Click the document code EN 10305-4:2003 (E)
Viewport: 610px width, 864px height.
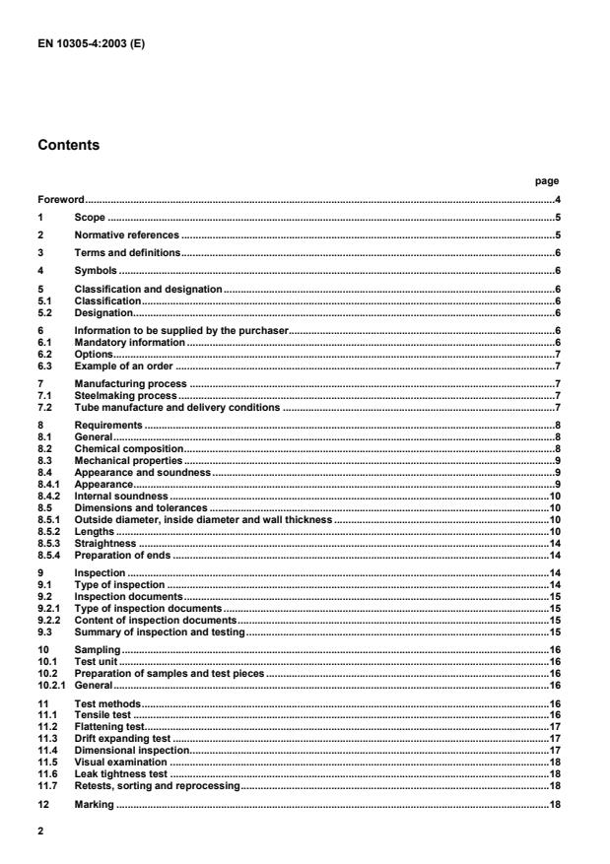click(x=83, y=42)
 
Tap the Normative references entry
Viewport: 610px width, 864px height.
click(x=126, y=235)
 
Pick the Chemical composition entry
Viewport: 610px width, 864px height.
click(x=121, y=448)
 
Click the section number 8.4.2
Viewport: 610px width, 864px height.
click(x=49, y=497)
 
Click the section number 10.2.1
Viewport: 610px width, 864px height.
click(x=51, y=684)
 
